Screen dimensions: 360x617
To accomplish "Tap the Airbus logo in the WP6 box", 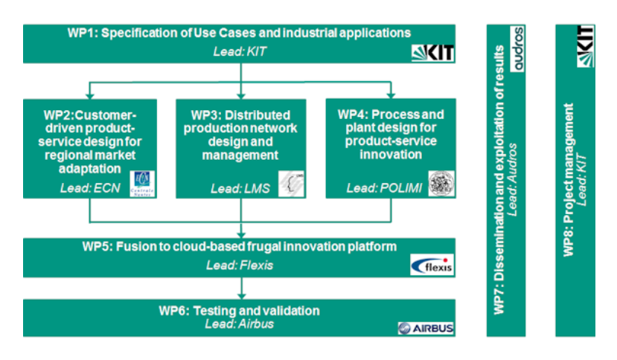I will pos(426,327).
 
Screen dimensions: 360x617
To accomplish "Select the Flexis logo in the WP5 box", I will pos(432,264).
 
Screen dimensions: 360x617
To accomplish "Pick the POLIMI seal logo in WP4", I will pos(441,183).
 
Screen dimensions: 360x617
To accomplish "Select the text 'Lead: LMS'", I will pos(236,188).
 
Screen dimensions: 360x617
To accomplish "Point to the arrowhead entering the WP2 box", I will pos(89,94).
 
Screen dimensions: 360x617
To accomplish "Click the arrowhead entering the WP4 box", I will pos(391,94).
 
